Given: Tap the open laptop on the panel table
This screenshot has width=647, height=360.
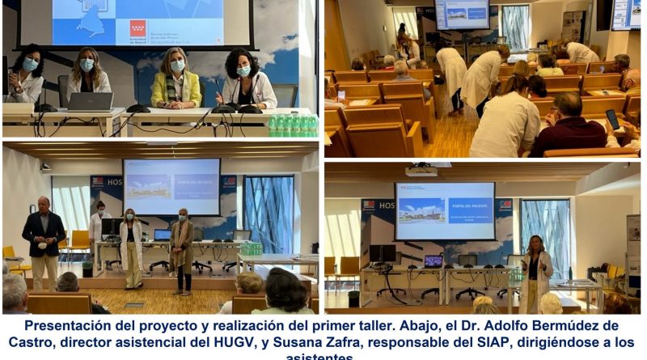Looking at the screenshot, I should click(x=90, y=101).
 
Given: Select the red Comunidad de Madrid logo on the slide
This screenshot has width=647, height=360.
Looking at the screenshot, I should click(x=138, y=28).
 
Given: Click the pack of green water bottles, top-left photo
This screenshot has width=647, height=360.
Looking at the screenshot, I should click(x=293, y=125).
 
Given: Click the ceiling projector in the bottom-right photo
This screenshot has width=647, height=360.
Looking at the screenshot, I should click(x=421, y=171).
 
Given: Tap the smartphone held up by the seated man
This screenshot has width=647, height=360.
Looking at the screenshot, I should click(x=612, y=121).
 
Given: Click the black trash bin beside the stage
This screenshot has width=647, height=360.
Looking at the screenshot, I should click(x=87, y=269).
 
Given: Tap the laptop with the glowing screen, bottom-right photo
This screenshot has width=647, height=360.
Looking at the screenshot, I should click(x=433, y=260).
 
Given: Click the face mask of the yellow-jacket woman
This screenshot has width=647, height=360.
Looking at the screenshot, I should click(x=177, y=66).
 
